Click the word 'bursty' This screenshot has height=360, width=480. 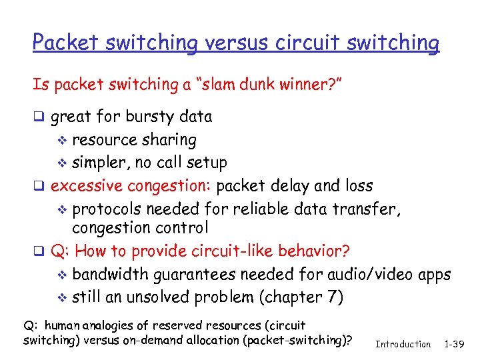coord(143,117)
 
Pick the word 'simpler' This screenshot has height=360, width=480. coord(101,163)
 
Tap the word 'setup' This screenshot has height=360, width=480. coord(208,163)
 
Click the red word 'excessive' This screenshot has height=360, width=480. coord(90,185)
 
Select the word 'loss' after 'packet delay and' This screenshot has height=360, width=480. coord(359,185)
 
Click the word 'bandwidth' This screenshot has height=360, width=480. coord(110,275)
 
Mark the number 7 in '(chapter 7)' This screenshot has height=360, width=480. coord(332,297)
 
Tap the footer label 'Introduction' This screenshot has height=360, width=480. coord(403,344)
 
